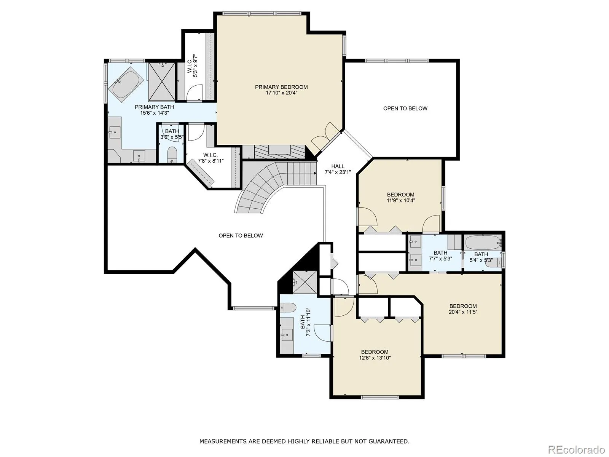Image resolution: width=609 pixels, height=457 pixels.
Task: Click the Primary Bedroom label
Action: click(x=281, y=90)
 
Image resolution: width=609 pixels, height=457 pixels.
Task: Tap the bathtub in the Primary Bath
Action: click(x=125, y=82)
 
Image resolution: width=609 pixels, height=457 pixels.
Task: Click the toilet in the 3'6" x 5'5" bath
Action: click(x=172, y=155)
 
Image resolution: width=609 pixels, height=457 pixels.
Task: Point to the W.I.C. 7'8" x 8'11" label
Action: click(x=210, y=158)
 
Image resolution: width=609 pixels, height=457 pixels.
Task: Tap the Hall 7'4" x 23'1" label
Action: click(x=338, y=169)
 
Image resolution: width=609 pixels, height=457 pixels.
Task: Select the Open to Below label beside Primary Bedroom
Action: click(x=405, y=109)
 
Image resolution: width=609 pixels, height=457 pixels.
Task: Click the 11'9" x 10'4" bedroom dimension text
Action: click(x=401, y=200)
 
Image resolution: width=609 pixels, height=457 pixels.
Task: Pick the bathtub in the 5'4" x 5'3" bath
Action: click(x=483, y=243)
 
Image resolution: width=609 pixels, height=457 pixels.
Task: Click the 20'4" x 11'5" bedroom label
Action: click(x=463, y=309)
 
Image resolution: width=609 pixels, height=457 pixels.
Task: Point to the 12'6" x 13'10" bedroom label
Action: click(x=375, y=355)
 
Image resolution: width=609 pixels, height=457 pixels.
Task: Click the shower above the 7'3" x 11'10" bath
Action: click(x=304, y=282)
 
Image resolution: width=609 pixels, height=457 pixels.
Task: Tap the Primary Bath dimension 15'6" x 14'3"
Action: click(x=154, y=113)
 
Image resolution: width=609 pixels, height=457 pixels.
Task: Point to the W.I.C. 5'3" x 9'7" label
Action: click(x=193, y=66)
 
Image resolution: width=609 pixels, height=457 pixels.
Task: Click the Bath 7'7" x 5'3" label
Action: click(x=440, y=256)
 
